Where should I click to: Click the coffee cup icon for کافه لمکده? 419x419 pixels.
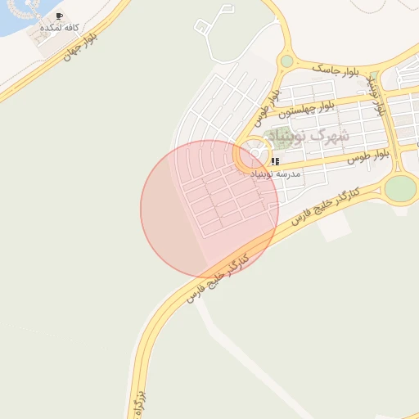coord(59,16)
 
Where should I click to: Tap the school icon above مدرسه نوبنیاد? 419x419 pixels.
coord(275,161)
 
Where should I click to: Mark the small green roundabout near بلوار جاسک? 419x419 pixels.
coord(286,61)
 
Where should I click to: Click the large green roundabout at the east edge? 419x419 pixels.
coord(400,188)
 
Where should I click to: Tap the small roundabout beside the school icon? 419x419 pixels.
coord(256,154)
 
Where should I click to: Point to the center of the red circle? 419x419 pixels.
coord(209,209)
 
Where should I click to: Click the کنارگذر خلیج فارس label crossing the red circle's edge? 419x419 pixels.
coord(216,277)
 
